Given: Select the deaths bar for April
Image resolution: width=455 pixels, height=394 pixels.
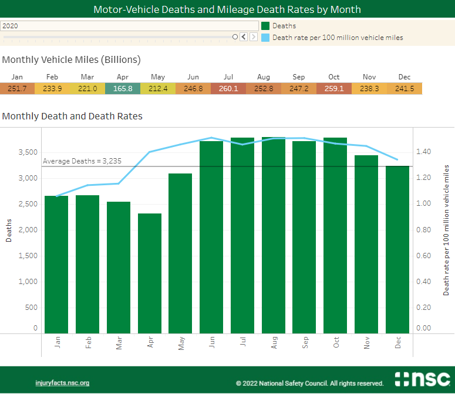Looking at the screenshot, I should click(150, 273).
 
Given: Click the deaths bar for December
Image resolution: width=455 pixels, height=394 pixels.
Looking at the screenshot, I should click(397, 250).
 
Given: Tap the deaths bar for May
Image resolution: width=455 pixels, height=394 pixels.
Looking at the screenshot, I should click(181, 253).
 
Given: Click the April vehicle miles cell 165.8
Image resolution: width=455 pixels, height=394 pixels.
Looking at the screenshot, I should click(123, 88).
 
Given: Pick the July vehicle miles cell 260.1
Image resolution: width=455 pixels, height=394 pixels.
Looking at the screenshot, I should click(228, 88).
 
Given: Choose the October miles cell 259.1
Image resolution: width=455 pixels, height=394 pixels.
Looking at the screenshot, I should click(334, 88).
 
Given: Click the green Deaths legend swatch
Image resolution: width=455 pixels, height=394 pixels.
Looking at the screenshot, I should click(265, 26).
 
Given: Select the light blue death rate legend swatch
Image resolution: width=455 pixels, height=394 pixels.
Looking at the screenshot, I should click(265, 37).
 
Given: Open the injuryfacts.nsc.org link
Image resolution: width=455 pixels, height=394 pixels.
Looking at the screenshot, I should click(62, 383).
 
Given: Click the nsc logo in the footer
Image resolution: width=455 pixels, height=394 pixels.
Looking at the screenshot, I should click(422, 379).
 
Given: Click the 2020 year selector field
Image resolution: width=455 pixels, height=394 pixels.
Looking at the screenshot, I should click(129, 26).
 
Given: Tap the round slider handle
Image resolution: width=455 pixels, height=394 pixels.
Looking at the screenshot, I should click(235, 36).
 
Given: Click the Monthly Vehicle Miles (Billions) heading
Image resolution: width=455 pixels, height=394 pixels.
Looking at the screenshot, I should click(71, 60).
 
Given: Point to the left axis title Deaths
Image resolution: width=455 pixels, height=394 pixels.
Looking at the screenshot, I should click(9, 230).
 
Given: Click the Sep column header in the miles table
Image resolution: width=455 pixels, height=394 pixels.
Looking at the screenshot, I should click(299, 77).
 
